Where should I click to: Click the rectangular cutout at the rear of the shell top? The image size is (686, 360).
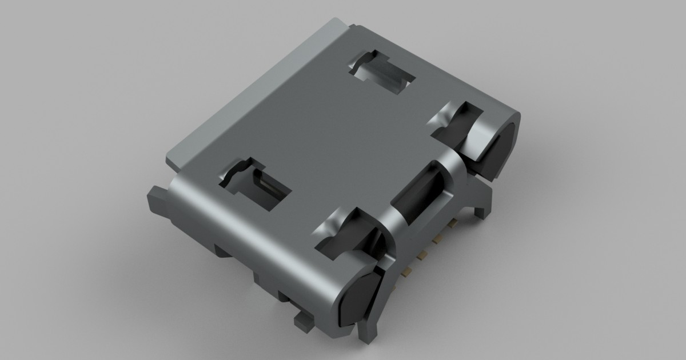[x=382, y=73]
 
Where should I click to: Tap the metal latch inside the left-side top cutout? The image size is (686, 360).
[x=265, y=186]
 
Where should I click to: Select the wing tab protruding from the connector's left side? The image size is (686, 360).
[x=157, y=203]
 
